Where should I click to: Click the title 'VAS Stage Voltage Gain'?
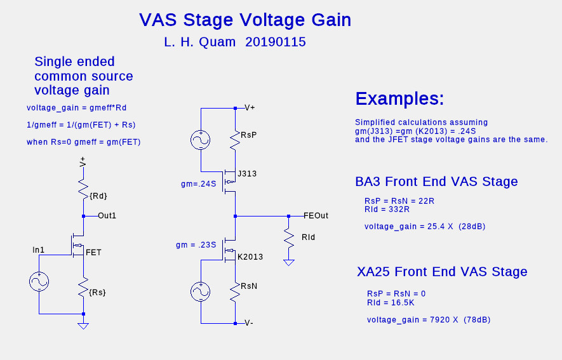click(245, 20)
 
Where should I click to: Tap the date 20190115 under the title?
click(275, 42)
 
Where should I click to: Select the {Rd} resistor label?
click(98, 196)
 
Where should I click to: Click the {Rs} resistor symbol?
click(83, 287)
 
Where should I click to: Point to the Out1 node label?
click(107, 216)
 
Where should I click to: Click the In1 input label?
click(38, 250)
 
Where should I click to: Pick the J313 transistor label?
click(247, 174)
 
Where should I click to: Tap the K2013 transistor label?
click(250, 257)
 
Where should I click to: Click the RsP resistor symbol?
click(235, 140)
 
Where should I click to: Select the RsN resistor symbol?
click(235, 291)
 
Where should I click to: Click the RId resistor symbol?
click(288, 237)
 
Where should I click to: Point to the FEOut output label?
click(316, 216)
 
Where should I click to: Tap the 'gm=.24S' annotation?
click(199, 184)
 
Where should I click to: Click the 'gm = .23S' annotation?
click(196, 245)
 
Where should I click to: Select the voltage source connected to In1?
click(39, 281)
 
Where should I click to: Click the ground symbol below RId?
click(288, 263)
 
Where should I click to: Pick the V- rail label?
click(249, 323)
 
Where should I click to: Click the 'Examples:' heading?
click(399, 98)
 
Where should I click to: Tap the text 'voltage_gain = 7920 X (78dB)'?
click(429, 319)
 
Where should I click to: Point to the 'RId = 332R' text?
click(387, 209)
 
